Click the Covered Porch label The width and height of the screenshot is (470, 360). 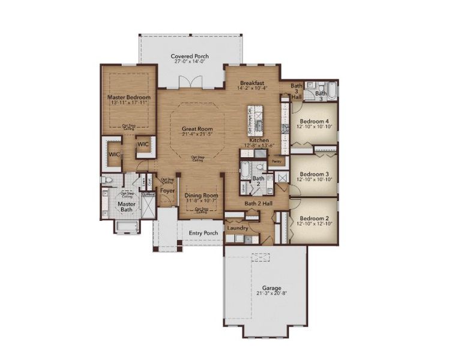(189, 56)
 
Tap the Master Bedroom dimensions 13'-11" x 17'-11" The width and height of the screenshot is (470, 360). (129, 103)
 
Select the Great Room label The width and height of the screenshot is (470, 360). (197, 128)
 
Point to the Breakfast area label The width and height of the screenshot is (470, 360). (253, 82)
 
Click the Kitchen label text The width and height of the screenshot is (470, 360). (259, 140)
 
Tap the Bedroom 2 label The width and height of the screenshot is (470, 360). (314, 218)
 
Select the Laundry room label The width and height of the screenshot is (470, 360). (238, 228)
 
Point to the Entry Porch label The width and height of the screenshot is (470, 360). (203, 233)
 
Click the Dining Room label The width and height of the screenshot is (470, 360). (201, 196)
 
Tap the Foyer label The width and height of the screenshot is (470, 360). (167, 192)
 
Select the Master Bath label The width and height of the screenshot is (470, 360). (127, 206)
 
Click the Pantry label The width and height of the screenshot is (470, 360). (277, 161)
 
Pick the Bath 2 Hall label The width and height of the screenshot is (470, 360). (259, 204)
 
